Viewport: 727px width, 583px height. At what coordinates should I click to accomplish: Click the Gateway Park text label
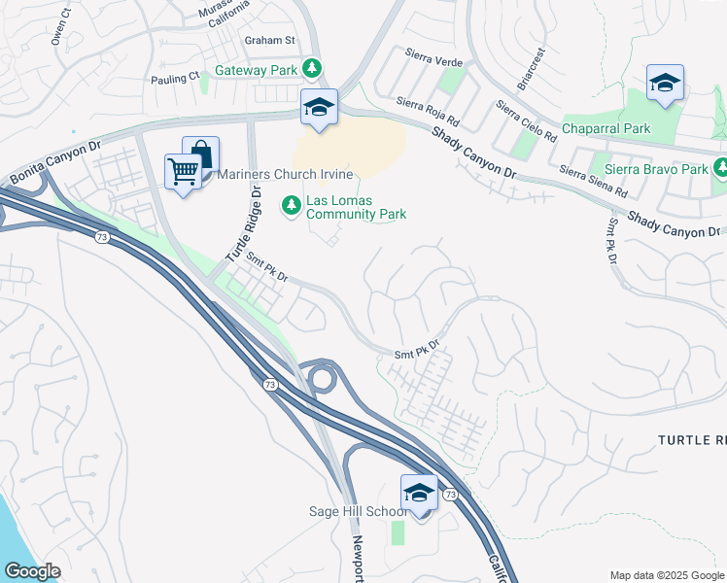click(257, 70)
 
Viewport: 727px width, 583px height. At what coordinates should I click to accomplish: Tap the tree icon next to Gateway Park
click(312, 68)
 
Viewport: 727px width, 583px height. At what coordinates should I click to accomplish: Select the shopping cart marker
click(183, 172)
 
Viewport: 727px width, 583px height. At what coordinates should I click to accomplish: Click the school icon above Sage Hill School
click(419, 493)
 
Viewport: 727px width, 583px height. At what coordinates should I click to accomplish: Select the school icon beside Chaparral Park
click(665, 84)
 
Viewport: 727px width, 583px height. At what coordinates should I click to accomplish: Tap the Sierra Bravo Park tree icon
click(720, 168)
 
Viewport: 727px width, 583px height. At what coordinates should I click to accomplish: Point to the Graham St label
click(269, 40)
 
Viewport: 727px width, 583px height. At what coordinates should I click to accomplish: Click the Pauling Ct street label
click(175, 76)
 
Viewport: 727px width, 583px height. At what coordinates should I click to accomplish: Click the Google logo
click(32, 571)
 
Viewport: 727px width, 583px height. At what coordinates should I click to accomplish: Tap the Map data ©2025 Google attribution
click(667, 575)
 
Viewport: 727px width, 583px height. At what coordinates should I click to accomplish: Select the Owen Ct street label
click(61, 28)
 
